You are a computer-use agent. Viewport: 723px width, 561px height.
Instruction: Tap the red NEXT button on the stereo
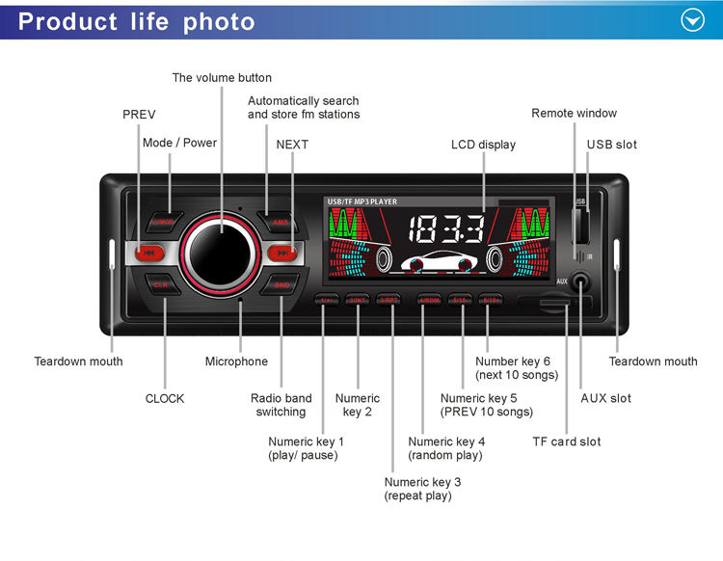click(x=281, y=254)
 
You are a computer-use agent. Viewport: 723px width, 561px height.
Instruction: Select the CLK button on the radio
click(x=160, y=285)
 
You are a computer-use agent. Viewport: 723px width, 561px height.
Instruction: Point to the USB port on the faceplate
click(x=579, y=227)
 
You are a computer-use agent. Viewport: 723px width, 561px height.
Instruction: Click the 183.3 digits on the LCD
click(x=446, y=229)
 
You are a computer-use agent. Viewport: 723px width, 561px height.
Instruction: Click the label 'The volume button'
click(x=222, y=78)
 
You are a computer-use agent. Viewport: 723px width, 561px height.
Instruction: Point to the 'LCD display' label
click(x=483, y=145)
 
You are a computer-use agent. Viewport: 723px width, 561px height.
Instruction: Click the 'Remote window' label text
click(x=574, y=114)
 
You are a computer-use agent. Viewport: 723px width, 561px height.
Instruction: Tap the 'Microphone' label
click(x=236, y=361)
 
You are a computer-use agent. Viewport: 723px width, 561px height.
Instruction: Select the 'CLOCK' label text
click(x=165, y=398)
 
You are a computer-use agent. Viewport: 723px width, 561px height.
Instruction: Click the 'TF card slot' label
click(x=566, y=441)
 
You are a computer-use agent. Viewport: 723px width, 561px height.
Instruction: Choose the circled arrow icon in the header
click(x=693, y=20)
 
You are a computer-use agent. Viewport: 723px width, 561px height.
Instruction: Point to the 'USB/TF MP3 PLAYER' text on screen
click(x=362, y=201)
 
